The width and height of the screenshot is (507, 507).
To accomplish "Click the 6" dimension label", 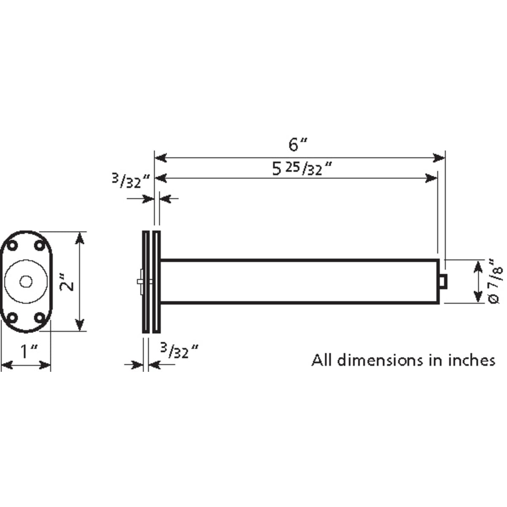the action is (297, 145).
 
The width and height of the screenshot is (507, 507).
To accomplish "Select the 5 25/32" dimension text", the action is (302, 169).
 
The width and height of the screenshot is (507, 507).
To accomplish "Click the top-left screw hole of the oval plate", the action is (12, 246).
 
